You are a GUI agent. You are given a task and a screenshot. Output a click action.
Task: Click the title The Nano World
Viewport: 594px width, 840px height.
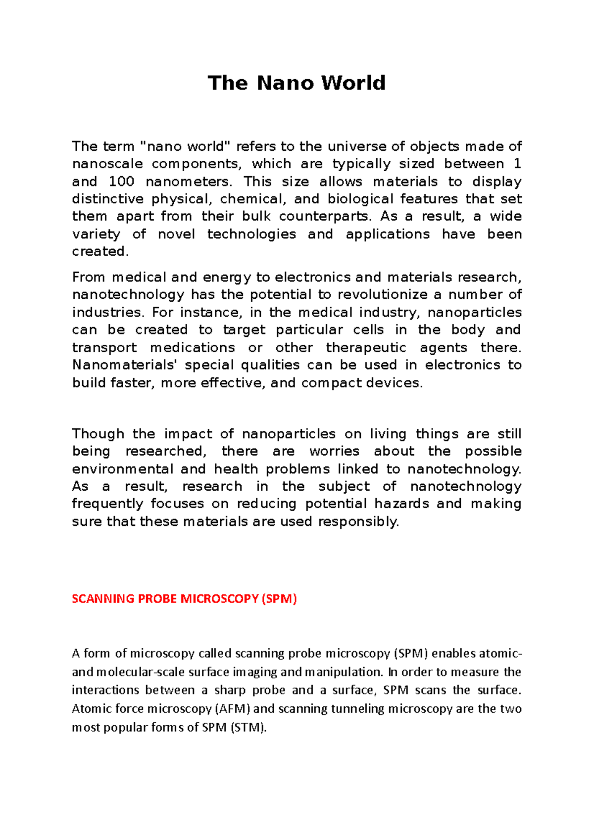click(297, 83)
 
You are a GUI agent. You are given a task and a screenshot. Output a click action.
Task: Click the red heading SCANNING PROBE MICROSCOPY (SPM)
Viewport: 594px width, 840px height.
click(184, 599)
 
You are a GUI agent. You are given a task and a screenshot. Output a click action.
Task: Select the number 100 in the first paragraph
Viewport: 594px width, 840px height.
click(121, 182)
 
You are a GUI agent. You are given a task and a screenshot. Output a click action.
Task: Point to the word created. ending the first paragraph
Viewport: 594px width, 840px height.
click(100, 251)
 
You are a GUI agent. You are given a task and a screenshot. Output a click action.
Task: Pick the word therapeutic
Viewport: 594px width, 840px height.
click(366, 347)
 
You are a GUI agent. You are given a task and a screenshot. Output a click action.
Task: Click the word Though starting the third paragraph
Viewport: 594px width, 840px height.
click(98, 434)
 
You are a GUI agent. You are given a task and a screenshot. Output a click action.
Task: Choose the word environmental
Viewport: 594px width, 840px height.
click(123, 469)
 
